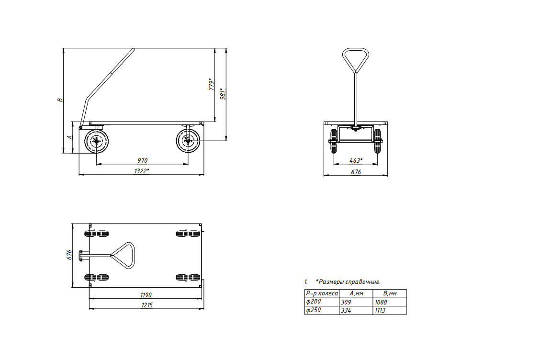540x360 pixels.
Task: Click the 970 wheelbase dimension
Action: click(142, 160)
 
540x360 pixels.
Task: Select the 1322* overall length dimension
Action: click(142, 171)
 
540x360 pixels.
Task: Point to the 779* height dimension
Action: click(212, 84)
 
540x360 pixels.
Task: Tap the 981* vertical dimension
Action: click(223, 94)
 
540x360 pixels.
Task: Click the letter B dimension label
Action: click(60, 100)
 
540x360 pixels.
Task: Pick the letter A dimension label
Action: click(70, 137)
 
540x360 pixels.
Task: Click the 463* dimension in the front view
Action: click(356, 160)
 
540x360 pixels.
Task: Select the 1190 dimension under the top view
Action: click(146, 295)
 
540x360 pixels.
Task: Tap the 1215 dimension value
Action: click(146, 305)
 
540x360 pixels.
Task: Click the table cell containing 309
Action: click(356, 302)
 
